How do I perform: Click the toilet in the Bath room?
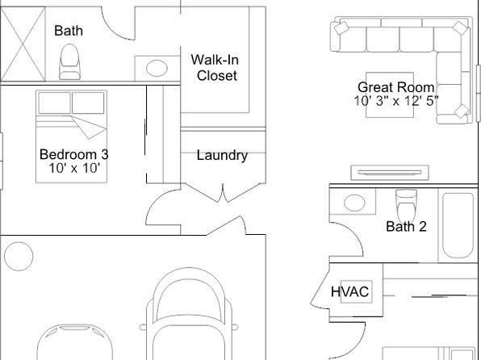(69, 62)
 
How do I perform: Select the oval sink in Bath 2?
(354, 203)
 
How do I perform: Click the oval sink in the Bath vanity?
(157, 68)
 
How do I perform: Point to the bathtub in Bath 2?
(458, 225)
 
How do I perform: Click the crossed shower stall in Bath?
(23, 44)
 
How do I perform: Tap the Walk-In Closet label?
(215, 68)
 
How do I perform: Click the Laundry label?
(222, 155)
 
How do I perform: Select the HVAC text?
(349, 291)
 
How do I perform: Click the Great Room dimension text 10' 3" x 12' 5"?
(396, 101)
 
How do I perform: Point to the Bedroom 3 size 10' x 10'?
(74, 168)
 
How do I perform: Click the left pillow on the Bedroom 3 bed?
(55, 103)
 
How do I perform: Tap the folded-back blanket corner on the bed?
(89, 127)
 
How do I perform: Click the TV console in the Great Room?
(390, 173)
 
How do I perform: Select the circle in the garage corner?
(19, 256)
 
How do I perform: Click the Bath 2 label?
(406, 227)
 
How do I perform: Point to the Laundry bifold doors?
(223, 193)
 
